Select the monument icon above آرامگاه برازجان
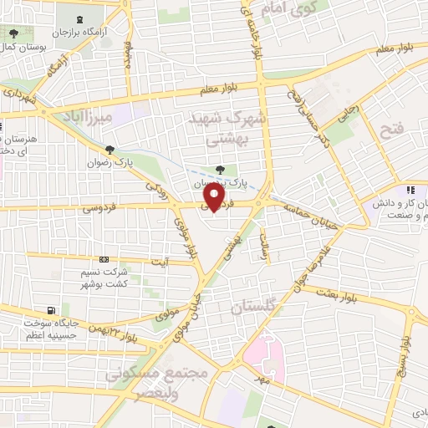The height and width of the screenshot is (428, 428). (x=79, y=19)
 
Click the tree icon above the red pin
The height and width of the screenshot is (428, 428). (x=220, y=169)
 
